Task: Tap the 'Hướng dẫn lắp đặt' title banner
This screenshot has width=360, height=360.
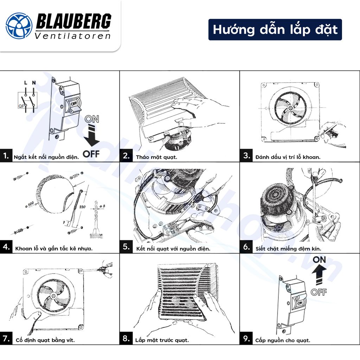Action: pyautogui.click(x=275, y=30)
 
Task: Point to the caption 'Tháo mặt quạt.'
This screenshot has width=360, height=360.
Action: pyautogui.click(x=156, y=157)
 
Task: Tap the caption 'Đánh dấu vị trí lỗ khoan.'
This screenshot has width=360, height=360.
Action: pyautogui.click(x=288, y=157)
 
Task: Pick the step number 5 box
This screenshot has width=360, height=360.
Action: pyautogui.click(x=126, y=247)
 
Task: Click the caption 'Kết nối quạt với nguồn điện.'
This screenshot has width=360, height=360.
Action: pyautogui.click(x=173, y=249)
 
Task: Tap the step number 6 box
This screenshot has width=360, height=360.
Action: pyautogui.click(x=246, y=247)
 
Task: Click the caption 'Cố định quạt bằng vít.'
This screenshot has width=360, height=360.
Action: pyautogui.click(x=45, y=340)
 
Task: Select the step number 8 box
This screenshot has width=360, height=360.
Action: pyautogui.click(x=126, y=339)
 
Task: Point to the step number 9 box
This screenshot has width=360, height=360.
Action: pyautogui.click(x=246, y=339)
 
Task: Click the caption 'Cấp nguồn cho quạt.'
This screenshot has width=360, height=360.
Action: pyautogui.click(x=283, y=340)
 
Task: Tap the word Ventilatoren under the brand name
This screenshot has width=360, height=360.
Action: pyautogui.click(x=73, y=36)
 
